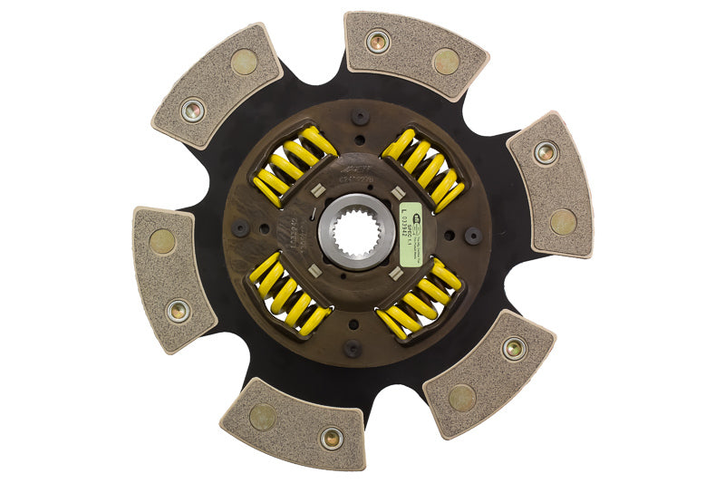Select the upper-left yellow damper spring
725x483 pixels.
[293, 166]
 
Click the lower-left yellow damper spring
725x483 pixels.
[289, 293]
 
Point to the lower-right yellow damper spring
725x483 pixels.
[420, 298]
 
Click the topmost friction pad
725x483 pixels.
[414, 53]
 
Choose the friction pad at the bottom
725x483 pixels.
[294, 424]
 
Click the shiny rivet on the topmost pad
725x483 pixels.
[378, 41]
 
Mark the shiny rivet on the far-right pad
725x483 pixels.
[544, 152]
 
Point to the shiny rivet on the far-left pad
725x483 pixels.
[179, 310]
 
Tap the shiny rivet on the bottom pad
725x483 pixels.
[332, 439]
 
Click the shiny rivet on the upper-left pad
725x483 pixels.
[192, 111]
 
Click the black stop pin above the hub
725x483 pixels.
[360, 117]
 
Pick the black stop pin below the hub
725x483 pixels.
[353, 347]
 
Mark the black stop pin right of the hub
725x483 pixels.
[472, 235]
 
